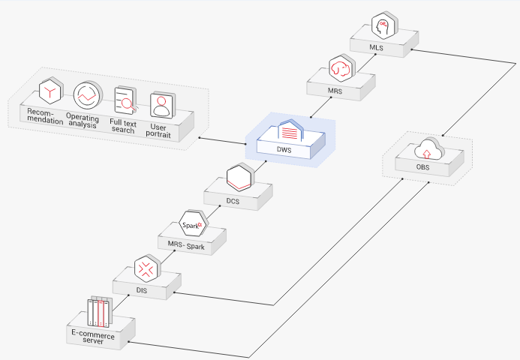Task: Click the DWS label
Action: pyautogui.click(x=284, y=150)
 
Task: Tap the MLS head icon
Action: pyautogui.click(x=383, y=25)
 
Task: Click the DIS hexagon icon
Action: pyautogui.click(x=144, y=268)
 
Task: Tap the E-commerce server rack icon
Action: pyautogui.click(x=101, y=310)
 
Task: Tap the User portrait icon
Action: pyautogui.click(x=162, y=105)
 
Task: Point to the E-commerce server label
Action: pyautogui.click(x=93, y=337)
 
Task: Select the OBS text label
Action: pyautogui.click(x=423, y=166)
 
